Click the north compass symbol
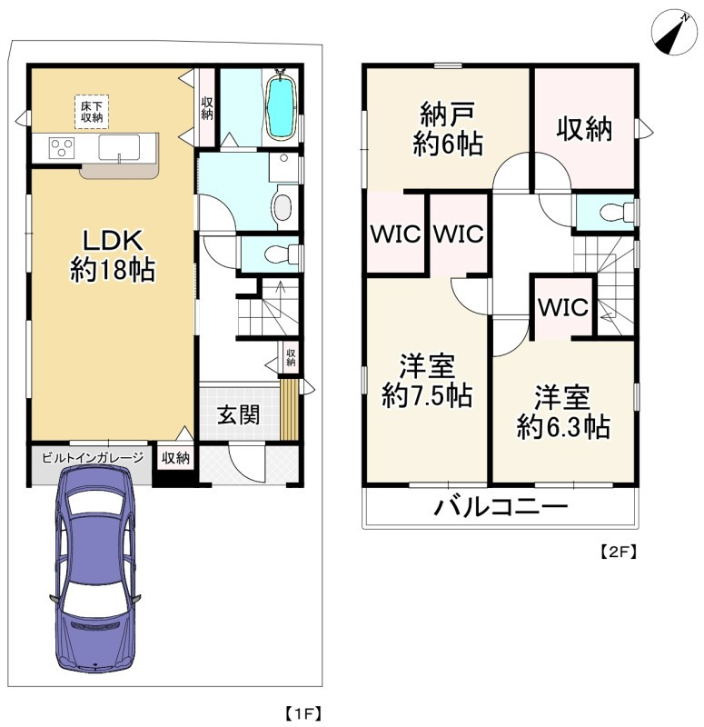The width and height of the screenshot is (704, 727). point(674,32)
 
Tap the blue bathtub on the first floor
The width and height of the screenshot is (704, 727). point(282,106)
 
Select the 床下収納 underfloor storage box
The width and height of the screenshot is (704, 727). point(92,112)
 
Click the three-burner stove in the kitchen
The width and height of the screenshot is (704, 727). point(62,148)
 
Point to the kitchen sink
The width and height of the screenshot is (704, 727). point(119,148)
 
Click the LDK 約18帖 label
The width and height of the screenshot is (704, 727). point(113,255)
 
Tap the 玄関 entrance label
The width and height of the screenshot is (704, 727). point(239,414)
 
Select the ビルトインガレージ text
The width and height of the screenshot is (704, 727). point(93,458)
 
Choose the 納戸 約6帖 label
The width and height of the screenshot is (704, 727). point(448,129)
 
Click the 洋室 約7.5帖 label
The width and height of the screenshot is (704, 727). point(427,381)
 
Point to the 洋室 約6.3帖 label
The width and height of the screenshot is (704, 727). point(562,412)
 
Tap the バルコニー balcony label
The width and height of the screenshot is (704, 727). point(501,507)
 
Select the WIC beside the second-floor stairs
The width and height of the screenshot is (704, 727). point(563,306)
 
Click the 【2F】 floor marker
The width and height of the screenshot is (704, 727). point(619,552)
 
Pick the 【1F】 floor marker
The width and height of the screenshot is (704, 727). point(303,713)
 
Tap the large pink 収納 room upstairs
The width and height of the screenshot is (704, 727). point(584,128)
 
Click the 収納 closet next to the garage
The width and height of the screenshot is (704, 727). point(175,458)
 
